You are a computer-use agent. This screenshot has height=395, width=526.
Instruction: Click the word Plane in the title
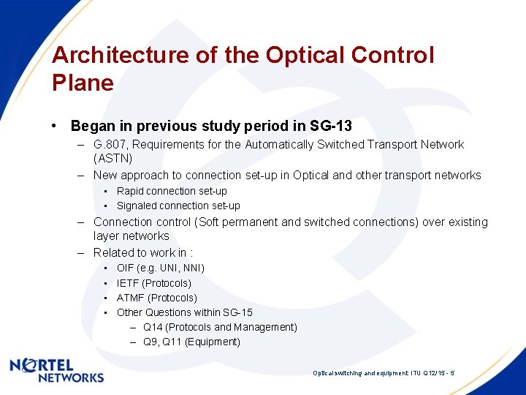(x=83, y=83)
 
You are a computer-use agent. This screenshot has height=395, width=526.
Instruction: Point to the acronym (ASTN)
(x=113, y=158)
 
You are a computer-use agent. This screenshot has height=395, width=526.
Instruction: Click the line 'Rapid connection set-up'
(x=172, y=191)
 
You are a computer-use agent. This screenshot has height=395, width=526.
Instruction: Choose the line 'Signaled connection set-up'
(x=178, y=206)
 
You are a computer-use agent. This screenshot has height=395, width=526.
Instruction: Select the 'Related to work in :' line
(x=142, y=252)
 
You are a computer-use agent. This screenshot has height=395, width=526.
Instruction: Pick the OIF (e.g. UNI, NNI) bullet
(x=160, y=268)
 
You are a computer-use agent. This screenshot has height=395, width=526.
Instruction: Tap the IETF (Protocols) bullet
(x=153, y=283)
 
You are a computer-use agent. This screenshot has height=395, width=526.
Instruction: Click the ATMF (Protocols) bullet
(x=156, y=298)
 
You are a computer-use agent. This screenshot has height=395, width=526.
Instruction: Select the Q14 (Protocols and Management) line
(x=220, y=327)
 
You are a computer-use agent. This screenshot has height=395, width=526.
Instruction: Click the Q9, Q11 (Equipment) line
(x=191, y=342)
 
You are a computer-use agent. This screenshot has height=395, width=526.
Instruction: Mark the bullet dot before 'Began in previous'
(x=56, y=126)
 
